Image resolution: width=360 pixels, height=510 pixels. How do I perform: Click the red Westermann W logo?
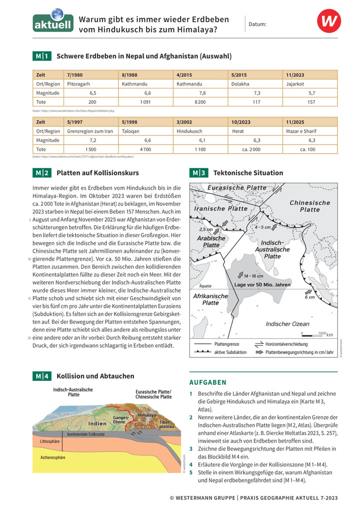coord(328,23)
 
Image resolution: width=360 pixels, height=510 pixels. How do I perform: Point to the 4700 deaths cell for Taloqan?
coord(145,149)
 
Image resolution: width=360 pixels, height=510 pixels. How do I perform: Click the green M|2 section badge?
coord(41,173)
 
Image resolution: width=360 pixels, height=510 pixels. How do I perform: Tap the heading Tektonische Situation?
coord(248,173)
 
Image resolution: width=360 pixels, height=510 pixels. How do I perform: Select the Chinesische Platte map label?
coord(309,206)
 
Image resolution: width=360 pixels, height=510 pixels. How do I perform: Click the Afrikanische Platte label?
coord(210,299)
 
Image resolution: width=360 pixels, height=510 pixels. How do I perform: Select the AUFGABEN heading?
coord(208,382)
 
